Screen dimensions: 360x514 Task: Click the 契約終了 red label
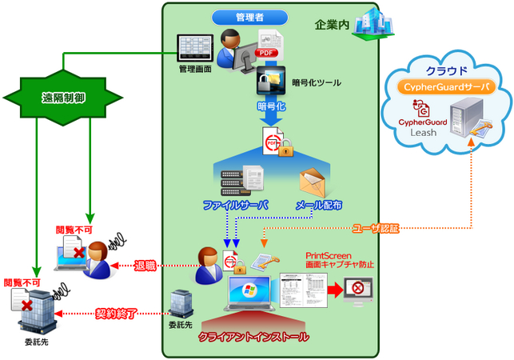click(118, 314)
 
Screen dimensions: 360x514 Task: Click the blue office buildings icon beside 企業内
click(375, 22)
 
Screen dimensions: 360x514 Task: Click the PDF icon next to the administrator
click(267, 46)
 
